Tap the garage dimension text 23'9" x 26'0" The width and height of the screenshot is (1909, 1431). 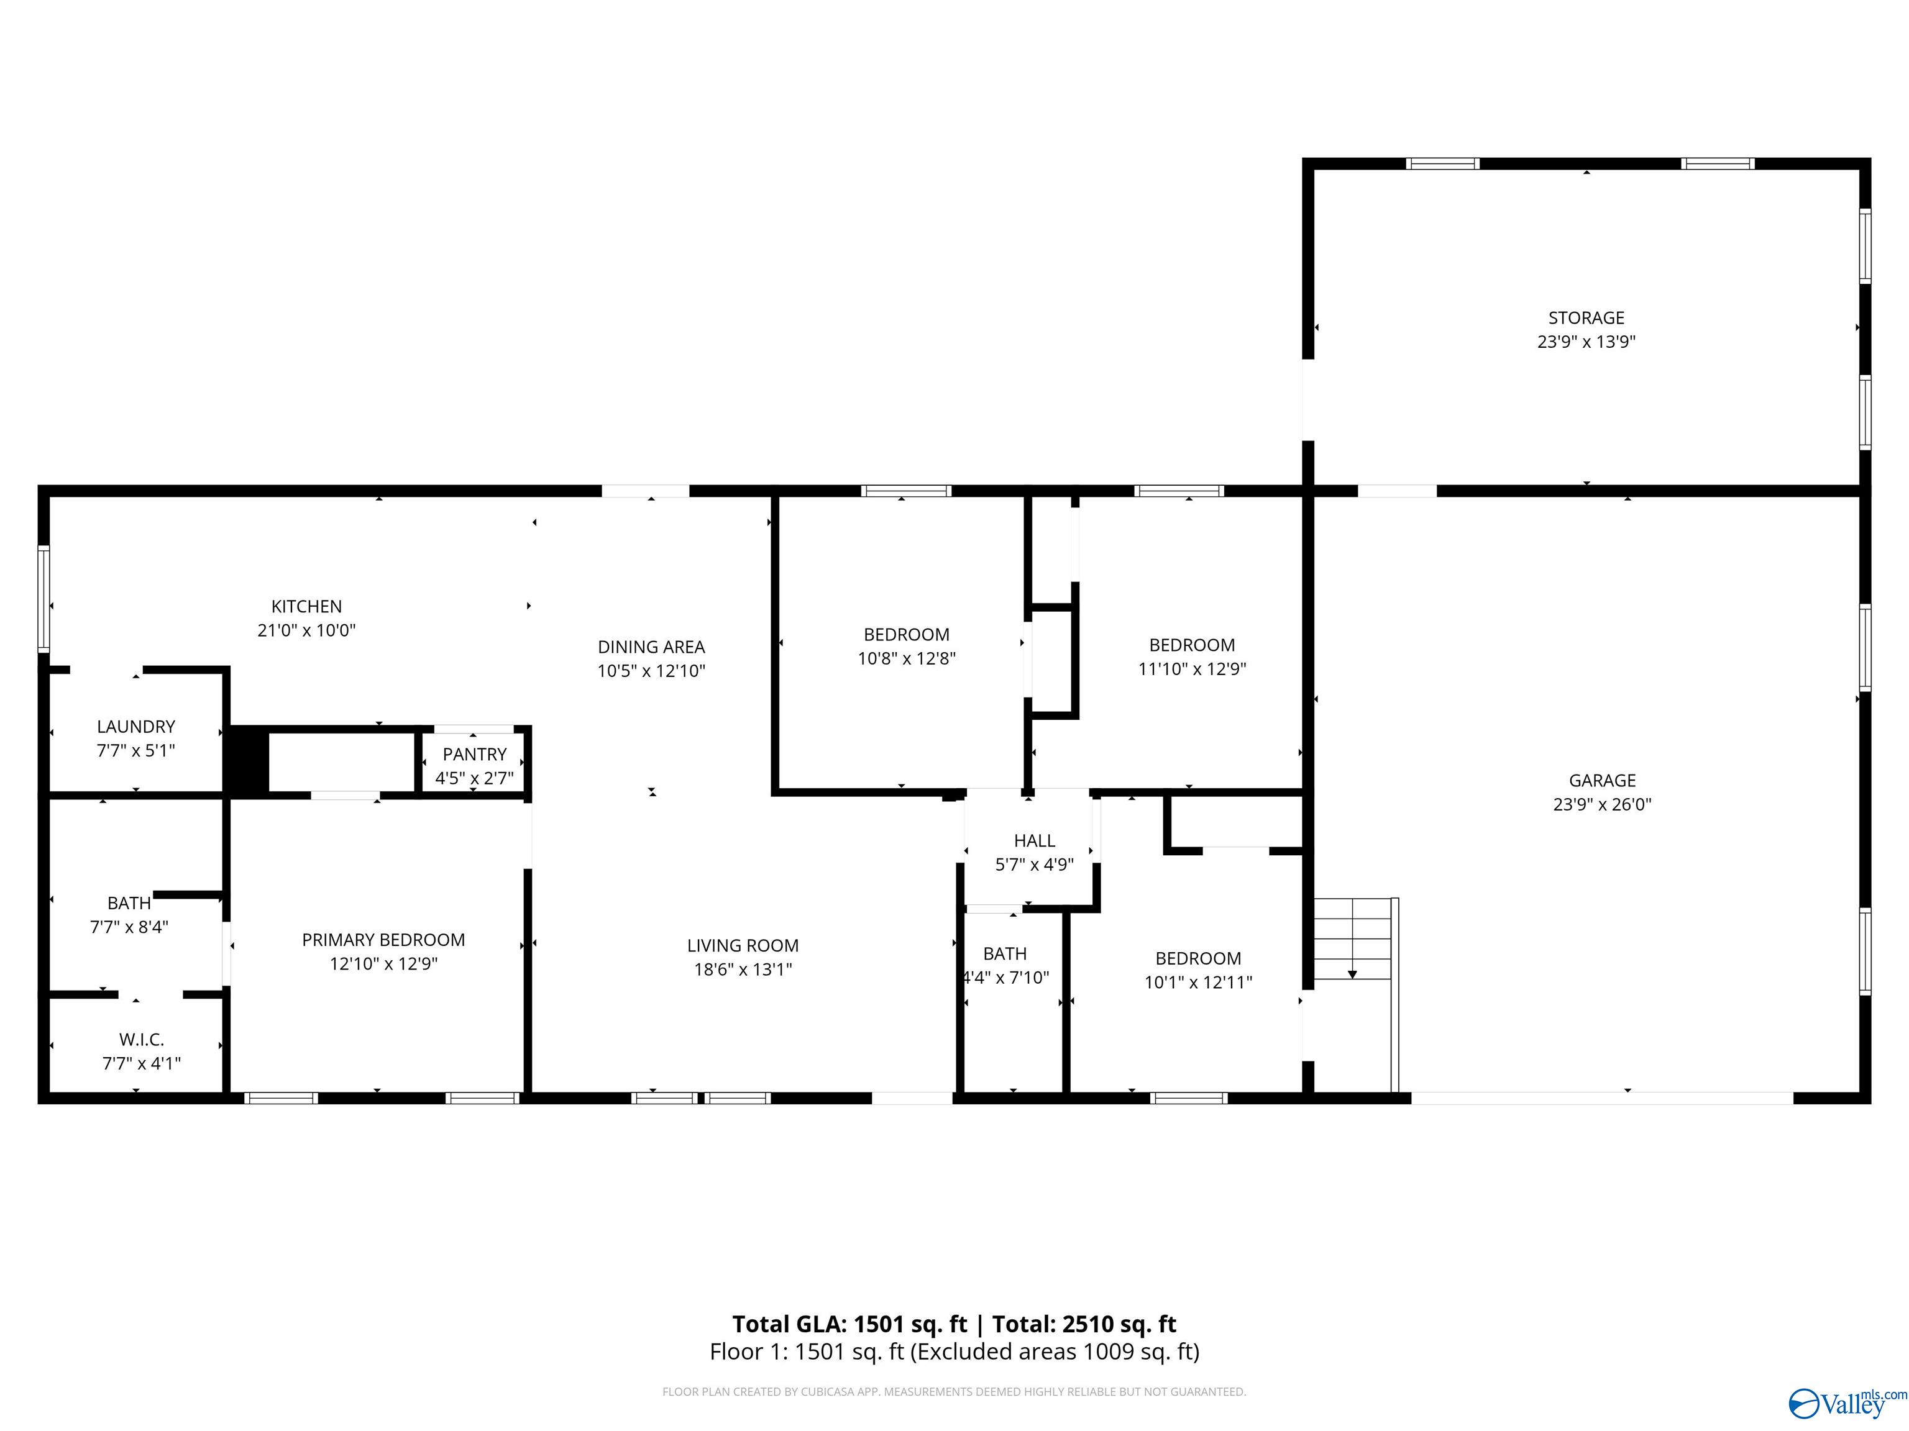pos(1602,804)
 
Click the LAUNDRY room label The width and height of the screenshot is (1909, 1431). pos(135,726)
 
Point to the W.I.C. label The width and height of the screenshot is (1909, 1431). pos(142,1039)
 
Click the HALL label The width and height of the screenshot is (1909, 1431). pos(1034,840)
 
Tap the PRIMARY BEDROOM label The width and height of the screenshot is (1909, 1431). pos(383,939)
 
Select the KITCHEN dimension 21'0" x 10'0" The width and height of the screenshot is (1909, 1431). pos(306,630)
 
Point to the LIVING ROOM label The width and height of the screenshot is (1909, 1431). pos(742,945)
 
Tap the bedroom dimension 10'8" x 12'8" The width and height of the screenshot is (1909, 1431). pos(906,658)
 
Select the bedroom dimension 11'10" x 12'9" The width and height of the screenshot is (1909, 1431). pos(1192,668)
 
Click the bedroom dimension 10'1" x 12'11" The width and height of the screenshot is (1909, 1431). pos(1198,981)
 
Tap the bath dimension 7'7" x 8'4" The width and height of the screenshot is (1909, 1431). pos(129,927)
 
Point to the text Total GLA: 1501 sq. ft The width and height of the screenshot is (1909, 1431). pos(849,1324)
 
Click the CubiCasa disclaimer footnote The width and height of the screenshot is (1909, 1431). pos(954,1391)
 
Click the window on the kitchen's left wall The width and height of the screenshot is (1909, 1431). pos(43,597)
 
